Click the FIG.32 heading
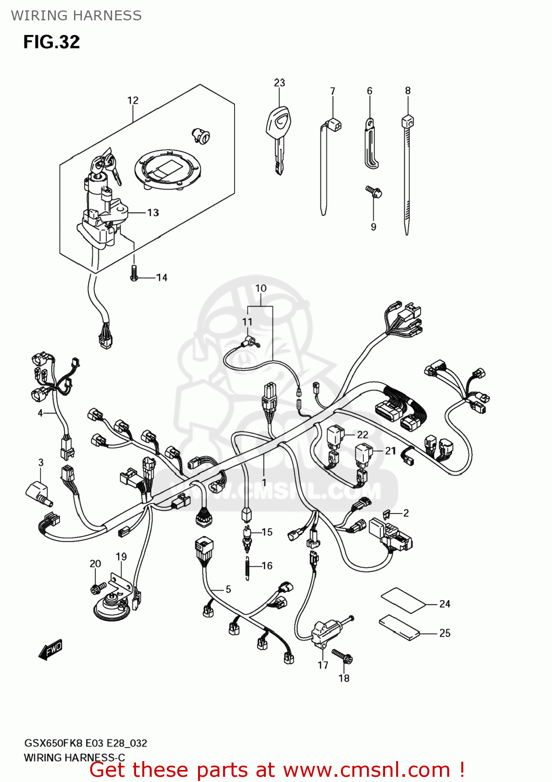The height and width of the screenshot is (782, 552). [52, 42]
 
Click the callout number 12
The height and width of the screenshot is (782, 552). [133, 100]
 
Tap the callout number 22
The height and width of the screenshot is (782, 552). [362, 434]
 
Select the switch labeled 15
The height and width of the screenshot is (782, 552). [247, 537]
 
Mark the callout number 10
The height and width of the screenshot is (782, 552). [261, 288]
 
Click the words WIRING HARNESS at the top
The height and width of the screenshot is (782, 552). [76, 16]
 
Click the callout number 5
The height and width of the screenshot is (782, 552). [228, 589]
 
